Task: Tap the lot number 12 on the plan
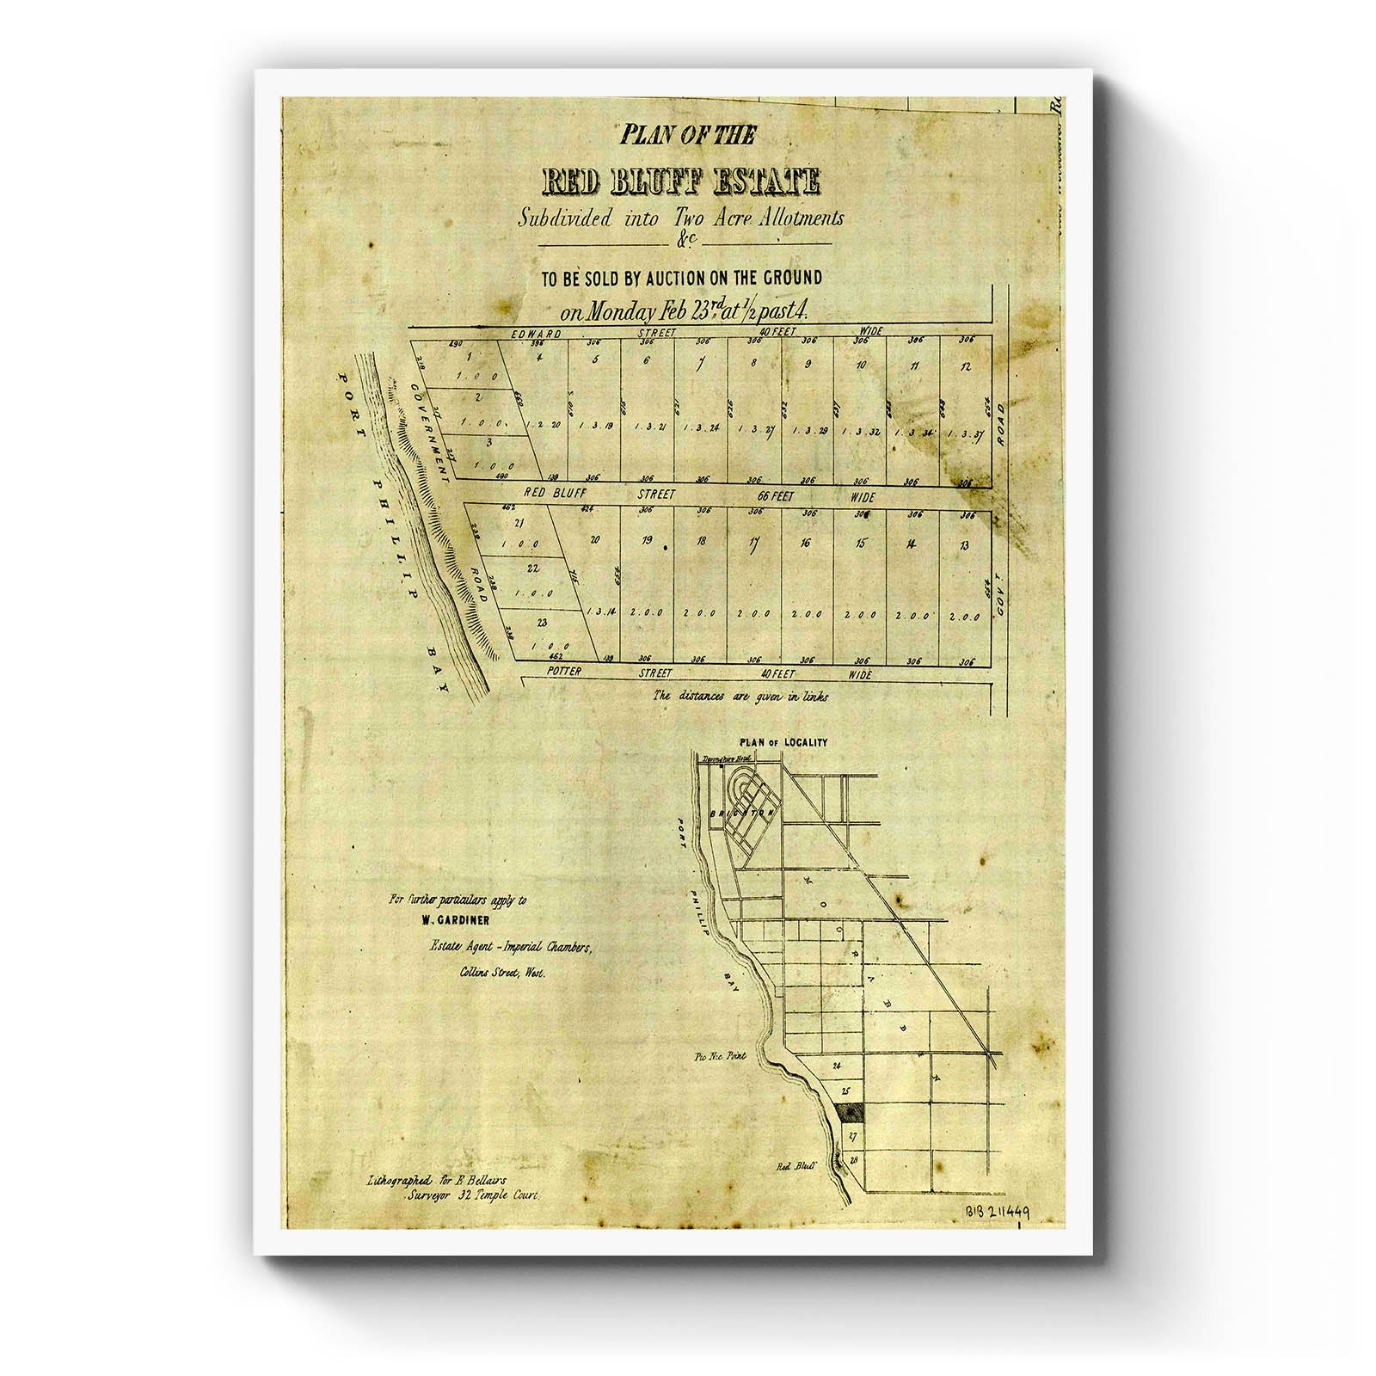click(967, 367)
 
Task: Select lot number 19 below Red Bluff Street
click(648, 543)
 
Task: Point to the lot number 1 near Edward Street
click(470, 357)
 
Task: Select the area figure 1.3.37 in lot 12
click(965, 433)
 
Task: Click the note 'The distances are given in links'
click(740, 696)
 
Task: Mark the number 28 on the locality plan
click(853, 1159)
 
